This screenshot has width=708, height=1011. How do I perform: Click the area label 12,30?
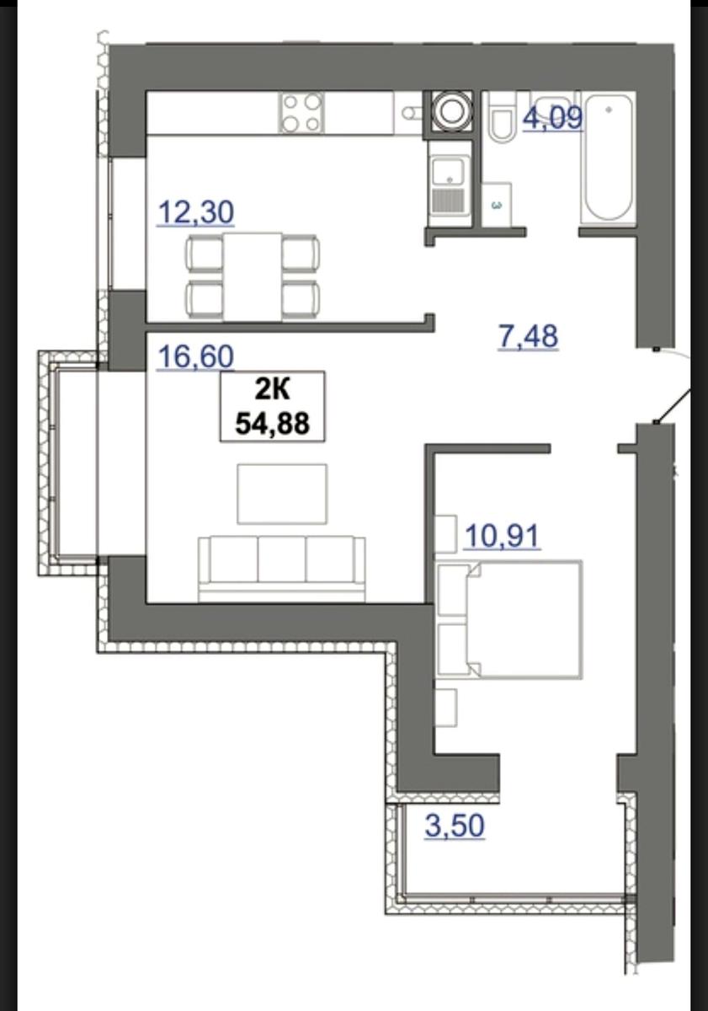click(195, 212)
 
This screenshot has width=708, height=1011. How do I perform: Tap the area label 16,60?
click(195, 356)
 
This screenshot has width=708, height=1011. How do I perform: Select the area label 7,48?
click(528, 336)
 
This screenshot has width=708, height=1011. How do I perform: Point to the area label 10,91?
click(503, 537)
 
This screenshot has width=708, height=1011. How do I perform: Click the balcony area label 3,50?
click(455, 825)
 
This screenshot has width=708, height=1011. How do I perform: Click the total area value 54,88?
click(273, 424)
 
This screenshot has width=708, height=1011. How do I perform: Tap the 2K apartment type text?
click(273, 390)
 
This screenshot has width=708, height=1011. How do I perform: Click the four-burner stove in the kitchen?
click(301, 112)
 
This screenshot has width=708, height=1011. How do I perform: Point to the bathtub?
click(608, 157)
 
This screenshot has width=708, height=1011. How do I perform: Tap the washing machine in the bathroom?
click(497, 203)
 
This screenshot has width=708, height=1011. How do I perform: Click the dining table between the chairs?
click(252, 276)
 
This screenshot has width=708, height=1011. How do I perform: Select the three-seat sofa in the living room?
click(281, 569)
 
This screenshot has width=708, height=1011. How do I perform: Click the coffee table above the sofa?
click(282, 495)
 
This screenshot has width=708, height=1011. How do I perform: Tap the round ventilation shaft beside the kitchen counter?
click(450, 112)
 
